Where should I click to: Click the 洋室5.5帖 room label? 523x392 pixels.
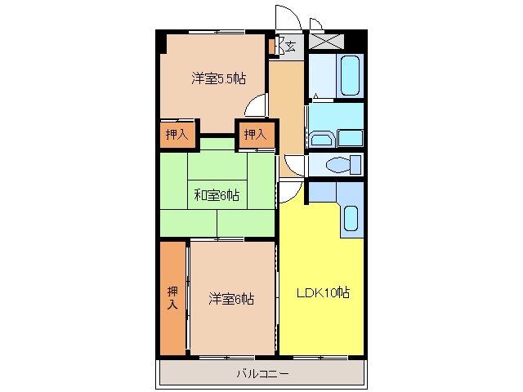[x=219, y=78]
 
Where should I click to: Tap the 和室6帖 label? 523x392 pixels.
[x=217, y=195]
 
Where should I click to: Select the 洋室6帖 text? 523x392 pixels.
[x=231, y=299]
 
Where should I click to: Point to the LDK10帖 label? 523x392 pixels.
[x=324, y=292]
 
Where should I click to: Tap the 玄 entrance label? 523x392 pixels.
[x=291, y=46]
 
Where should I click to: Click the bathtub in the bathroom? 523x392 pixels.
[x=351, y=75]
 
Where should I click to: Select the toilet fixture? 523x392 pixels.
[x=343, y=165]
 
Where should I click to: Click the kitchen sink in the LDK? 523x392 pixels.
[x=351, y=218]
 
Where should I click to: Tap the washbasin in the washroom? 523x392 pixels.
[x=322, y=140]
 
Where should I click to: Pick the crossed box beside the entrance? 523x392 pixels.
[x=327, y=41]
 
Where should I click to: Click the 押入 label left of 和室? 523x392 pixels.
[x=177, y=134]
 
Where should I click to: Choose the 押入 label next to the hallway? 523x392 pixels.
[x=255, y=134]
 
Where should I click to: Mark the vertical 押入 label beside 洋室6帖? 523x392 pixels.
[x=172, y=297]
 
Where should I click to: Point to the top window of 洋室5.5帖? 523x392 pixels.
[x=217, y=32]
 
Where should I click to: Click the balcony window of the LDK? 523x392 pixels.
[x=320, y=358]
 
